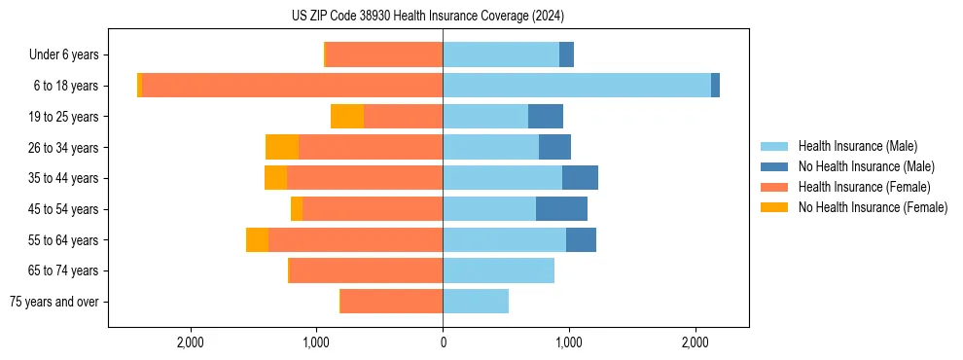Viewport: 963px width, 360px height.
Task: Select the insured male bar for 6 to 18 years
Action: pyautogui.click(x=576, y=86)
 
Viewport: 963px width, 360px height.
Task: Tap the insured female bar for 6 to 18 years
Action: pyautogui.click(x=292, y=86)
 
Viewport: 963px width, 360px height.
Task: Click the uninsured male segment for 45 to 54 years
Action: pyautogui.click(x=561, y=209)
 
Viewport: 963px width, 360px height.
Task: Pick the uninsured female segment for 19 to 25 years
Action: pyautogui.click(x=347, y=117)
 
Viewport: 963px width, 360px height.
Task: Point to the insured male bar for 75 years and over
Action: pyautogui.click(x=476, y=302)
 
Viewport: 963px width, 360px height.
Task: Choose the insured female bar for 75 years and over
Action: pyautogui.click(x=391, y=302)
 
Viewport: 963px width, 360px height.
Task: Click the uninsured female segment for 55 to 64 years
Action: pyautogui.click(x=257, y=240)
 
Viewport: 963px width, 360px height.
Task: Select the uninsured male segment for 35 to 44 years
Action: pyautogui.click(x=580, y=178)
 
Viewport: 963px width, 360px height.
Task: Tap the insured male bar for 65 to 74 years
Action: pyautogui.click(x=498, y=270)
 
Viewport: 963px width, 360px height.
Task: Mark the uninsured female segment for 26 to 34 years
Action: pyautogui.click(x=282, y=148)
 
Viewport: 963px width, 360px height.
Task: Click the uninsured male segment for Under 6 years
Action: pyautogui.click(x=566, y=55)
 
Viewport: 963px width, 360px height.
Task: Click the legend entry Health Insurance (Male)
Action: pyautogui.click(x=857, y=146)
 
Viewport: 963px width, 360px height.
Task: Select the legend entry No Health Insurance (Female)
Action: pyautogui.click(x=872, y=207)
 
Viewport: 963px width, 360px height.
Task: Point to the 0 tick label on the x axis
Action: pyautogui.click(x=443, y=342)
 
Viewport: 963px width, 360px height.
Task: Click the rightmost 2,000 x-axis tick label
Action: pyautogui.click(x=695, y=342)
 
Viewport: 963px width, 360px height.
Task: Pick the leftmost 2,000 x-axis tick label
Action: pyautogui.click(x=191, y=342)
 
